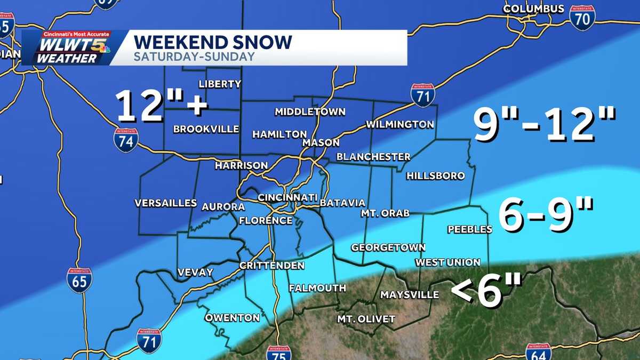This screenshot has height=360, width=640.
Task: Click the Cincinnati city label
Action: pos(287,197)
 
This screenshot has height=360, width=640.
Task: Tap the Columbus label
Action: pos(533,9)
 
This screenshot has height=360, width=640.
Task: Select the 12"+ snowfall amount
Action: pos(162,104)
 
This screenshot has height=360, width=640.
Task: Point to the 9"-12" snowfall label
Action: pos(545,124)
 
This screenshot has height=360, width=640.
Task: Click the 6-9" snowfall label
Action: pos(547,214)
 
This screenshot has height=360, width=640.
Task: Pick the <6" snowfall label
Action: pos(486,291)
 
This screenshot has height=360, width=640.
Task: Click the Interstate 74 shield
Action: pos(126,140)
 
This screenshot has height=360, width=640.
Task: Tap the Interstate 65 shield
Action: pos(79,280)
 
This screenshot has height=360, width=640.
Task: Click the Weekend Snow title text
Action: pos(212,42)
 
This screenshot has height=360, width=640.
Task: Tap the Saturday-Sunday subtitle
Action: pos(194,57)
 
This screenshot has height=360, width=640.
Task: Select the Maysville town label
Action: pos(410,294)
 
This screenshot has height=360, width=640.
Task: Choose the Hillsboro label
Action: pos(435,176)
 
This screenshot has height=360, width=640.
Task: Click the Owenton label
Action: pos(233,318)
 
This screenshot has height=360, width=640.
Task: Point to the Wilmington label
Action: pos(399,124)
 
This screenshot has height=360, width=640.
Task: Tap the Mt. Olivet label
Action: pos(366,319)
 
